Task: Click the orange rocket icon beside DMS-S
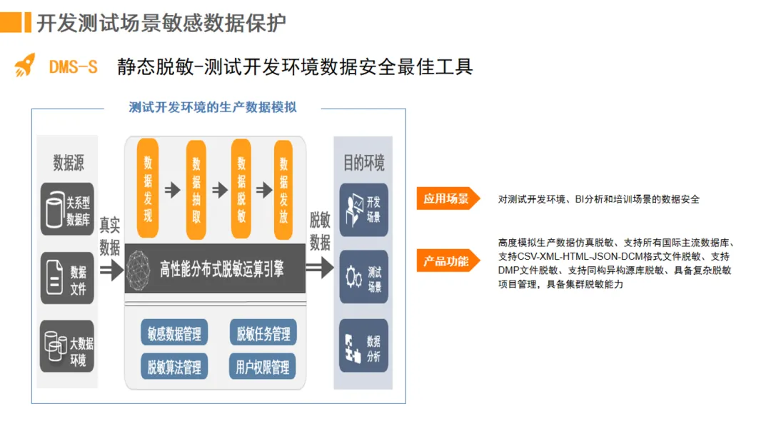pos(25,66)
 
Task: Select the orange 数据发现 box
pos(148,188)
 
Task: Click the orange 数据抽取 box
pos(196,189)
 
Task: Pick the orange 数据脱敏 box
pos(241,189)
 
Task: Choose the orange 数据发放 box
pos(284,188)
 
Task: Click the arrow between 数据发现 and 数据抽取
pos(172,190)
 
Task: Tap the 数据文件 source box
pos(67,278)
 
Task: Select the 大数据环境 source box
pos(67,346)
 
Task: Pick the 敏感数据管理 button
pos(174,333)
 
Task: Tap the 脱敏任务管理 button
pos(263,333)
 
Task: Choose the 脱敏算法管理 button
pos(174,367)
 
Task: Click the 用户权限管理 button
pos(263,367)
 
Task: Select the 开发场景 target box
pos(363,210)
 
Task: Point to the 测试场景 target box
pos(363,278)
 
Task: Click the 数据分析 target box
pos(363,345)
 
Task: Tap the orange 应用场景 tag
pos(445,199)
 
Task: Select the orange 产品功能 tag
pos(445,261)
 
